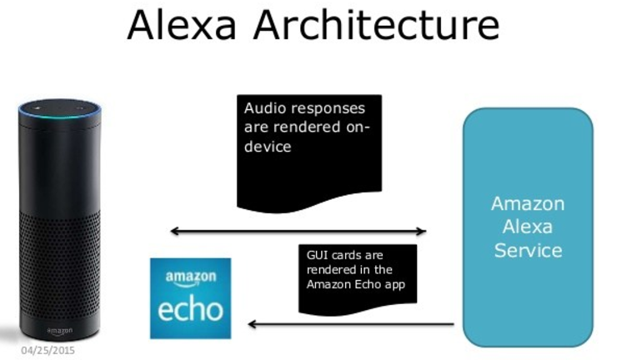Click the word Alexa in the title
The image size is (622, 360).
(182, 24)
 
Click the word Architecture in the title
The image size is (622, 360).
(376, 24)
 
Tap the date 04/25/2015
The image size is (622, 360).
(48, 351)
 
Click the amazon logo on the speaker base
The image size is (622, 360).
(60, 331)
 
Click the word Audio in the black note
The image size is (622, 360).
(263, 108)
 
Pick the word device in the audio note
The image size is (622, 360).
(268, 147)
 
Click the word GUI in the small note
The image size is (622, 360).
(317, 255)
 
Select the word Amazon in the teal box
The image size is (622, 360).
(528, 204)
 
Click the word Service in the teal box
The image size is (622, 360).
(528, 251)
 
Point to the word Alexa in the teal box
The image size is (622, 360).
(527, 227)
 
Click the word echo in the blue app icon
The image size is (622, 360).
(190, 310)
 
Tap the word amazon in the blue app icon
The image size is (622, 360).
(191, 277)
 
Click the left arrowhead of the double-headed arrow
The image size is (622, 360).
(174, 231)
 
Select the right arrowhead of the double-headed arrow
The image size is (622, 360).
(422, 231)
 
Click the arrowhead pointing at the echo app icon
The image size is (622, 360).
(253, 324)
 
